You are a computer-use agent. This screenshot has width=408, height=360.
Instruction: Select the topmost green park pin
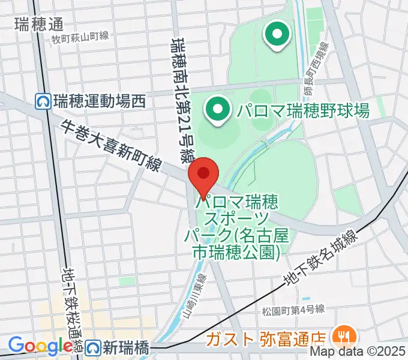pos(277,34)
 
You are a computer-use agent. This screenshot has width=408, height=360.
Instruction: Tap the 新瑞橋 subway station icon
pos(92,347)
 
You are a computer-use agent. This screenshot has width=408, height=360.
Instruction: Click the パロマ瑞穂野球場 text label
pos(302,110)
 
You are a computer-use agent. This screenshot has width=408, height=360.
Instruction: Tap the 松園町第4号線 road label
pos(293,310)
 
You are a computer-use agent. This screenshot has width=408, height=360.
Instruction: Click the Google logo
pos(40,346)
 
